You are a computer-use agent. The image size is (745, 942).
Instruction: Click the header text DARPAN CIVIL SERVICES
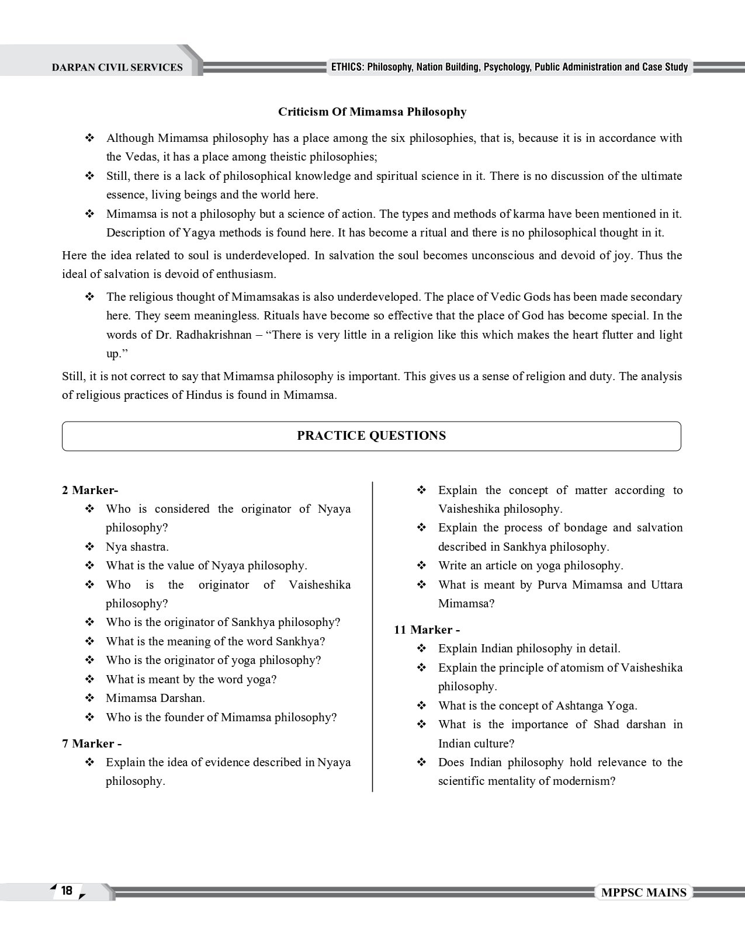117,68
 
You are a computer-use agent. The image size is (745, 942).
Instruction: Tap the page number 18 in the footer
67,890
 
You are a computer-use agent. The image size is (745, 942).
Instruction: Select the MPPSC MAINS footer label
643,892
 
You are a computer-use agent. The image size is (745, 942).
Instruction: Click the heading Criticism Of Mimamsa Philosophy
372,112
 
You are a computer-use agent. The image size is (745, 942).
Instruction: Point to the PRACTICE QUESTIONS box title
371,436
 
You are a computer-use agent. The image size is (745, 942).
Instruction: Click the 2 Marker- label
90,490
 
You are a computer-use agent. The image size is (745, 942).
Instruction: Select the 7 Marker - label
92,743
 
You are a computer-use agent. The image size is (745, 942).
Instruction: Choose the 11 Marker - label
427,630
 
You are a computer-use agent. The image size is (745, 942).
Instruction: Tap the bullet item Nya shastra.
137,547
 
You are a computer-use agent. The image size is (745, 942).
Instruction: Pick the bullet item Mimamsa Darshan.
155,698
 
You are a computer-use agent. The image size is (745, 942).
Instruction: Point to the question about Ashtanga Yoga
538,705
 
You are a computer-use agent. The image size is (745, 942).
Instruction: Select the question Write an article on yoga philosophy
531,565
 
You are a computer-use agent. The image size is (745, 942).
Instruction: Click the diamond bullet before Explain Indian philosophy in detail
422,649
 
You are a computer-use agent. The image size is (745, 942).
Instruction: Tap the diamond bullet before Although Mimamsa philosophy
90,138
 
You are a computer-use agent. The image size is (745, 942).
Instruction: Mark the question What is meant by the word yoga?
191,679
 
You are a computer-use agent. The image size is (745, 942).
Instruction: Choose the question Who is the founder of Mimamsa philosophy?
221,717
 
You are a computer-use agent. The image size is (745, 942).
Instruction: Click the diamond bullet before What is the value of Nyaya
90,566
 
